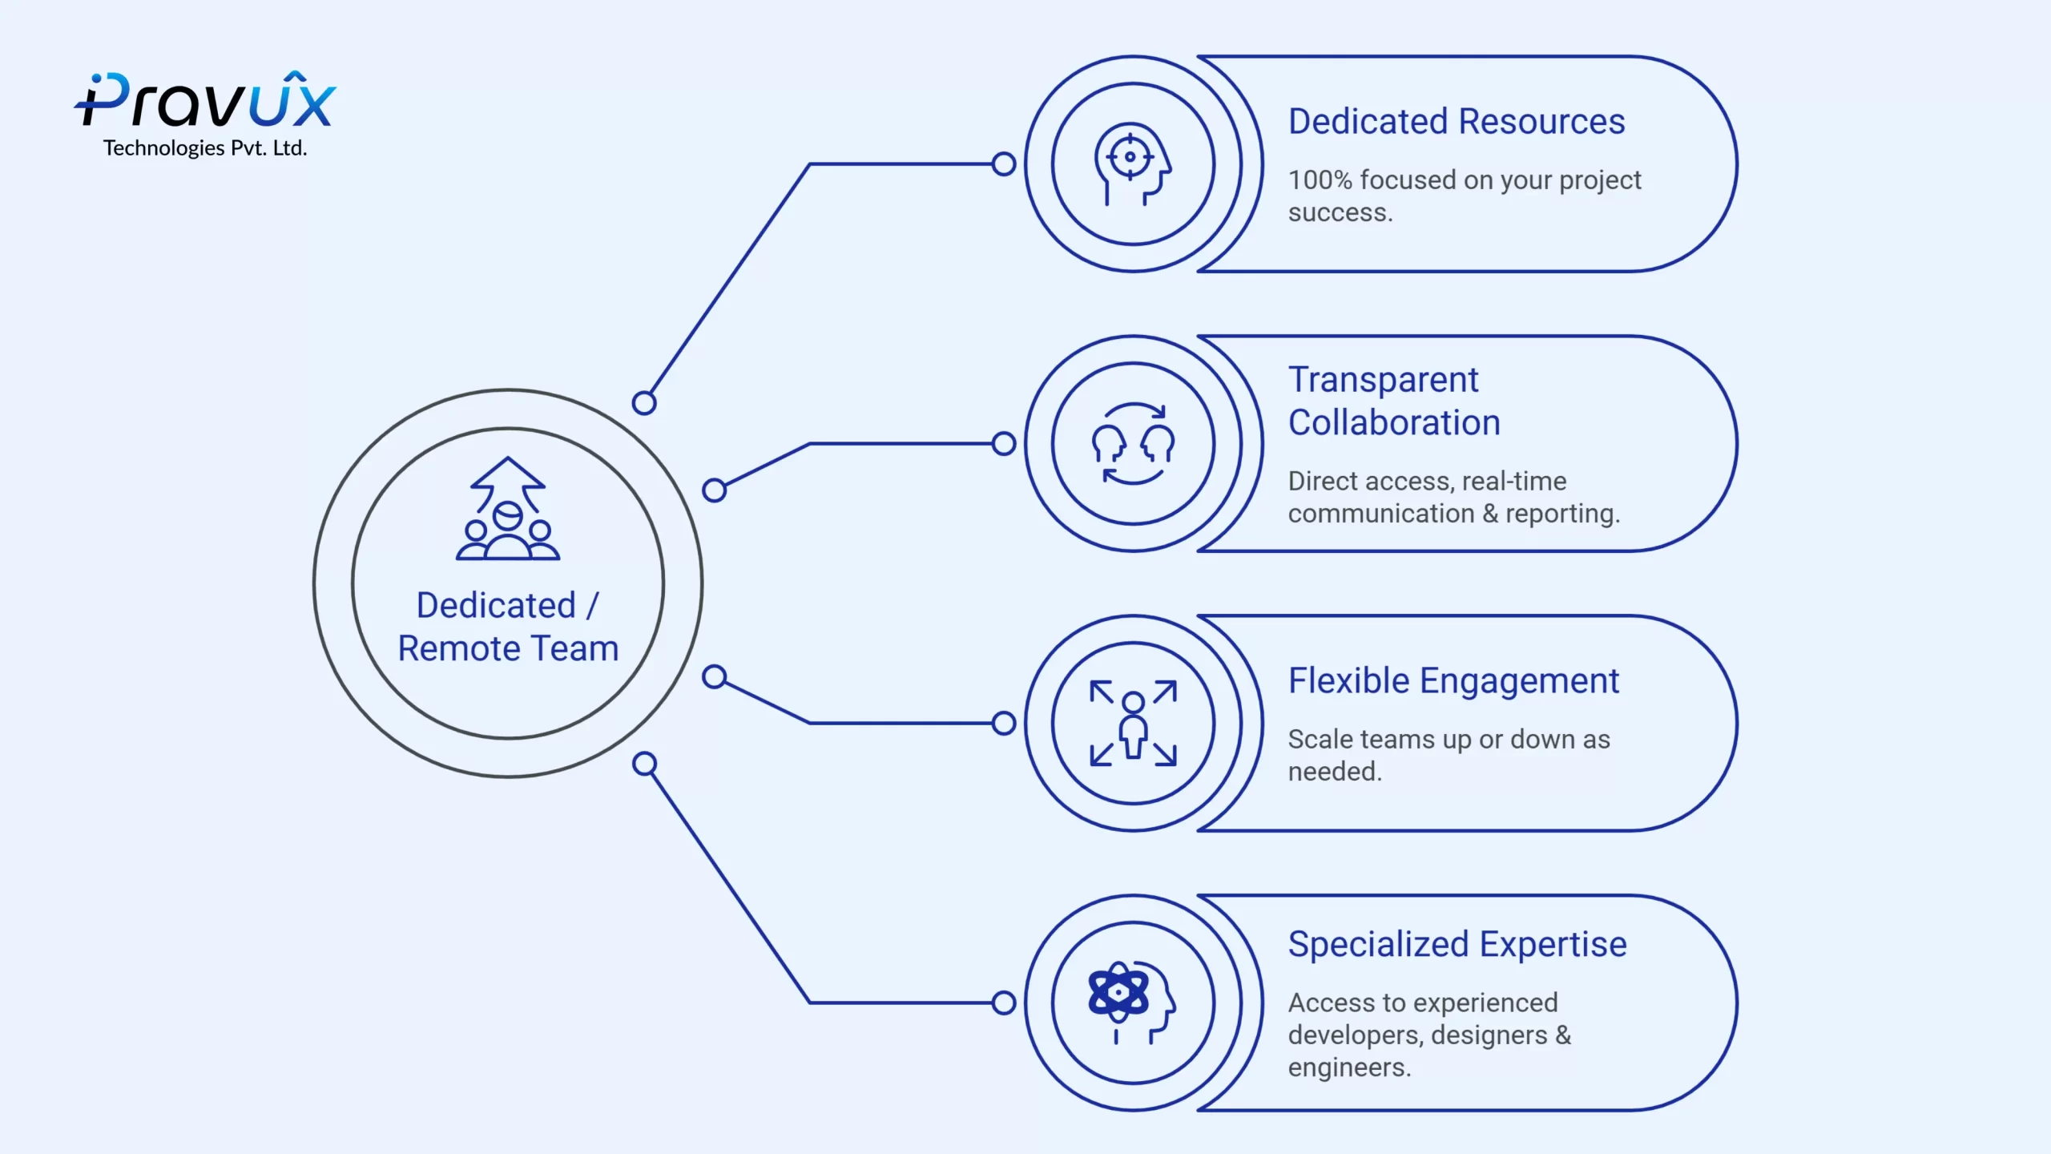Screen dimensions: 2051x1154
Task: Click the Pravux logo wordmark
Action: [205, 100]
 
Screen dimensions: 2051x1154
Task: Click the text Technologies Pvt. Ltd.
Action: [205, 148]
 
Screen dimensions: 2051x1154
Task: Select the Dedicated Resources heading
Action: [1457, 122]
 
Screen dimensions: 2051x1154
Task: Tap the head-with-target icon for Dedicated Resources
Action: [1133, 164]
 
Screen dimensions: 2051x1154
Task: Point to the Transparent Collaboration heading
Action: [1394, 401]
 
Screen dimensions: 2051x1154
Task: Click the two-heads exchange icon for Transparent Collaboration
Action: [1133, 444]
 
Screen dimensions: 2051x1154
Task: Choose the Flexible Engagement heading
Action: [1453, 682]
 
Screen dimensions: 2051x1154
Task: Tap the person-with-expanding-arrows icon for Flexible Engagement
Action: [1133, 723]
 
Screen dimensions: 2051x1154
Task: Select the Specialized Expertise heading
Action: [1457, 945]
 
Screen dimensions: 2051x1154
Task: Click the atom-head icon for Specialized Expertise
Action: [1131, 1003]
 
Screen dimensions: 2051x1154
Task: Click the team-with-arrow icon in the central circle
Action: [508, 508]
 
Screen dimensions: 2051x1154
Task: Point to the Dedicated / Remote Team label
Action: [508, 627]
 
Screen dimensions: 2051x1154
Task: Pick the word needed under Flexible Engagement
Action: [1335, 771]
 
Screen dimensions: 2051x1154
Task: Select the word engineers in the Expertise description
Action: [1349, 1067]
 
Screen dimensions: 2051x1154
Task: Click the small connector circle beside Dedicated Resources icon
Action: [1003, 164]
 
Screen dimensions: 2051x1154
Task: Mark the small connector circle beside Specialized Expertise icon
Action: [1003, 1003]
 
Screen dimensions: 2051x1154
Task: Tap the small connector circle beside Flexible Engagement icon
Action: [1003, 723]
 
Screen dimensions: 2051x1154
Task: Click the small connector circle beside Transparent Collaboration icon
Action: [1003, 444]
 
